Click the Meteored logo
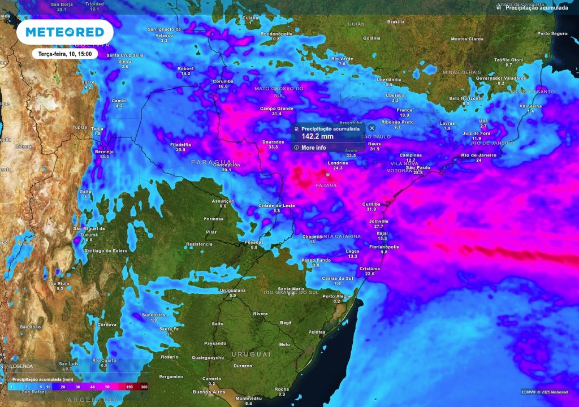(x=64, y=32)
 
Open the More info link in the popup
(x=313, y=148)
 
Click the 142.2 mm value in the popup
(x=317, y=136)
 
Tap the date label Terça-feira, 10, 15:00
(x=64, y=54)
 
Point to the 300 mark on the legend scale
(x=144, y=387)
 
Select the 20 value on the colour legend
(x=63, y=387)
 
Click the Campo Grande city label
(x=277, y=108)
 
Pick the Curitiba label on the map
(x=371, y=203)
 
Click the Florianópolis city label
(x=384, y=246)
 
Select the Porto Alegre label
(x=336, y=296)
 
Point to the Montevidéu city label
(x=249, y=398)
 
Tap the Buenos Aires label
(x=209, y=392)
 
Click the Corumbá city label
(x=223, y=81)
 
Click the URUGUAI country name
(x=252, y=354)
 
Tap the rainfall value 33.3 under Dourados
(x=273, y=147)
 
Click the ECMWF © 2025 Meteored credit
(x=545, y=392)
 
